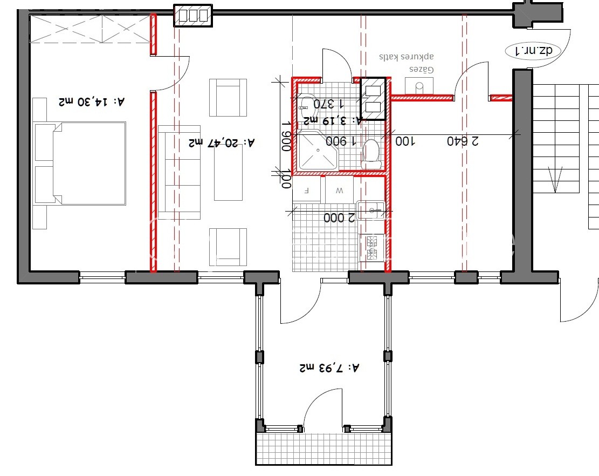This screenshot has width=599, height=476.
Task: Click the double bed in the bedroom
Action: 80,164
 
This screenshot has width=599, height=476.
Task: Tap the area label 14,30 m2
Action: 92,101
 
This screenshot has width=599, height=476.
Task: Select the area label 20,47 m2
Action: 222,142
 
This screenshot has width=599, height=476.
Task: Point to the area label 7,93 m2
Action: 329,368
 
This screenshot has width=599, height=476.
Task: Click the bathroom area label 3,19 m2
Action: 332,120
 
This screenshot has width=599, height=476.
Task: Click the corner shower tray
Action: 318,150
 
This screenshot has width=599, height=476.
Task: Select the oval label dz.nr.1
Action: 534,51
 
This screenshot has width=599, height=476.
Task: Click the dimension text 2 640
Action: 463,141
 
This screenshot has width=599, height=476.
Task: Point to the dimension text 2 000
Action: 339,217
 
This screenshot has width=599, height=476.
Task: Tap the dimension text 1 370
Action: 329,104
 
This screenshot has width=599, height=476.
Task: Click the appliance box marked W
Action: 339,190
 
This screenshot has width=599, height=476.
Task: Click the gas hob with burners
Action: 371,248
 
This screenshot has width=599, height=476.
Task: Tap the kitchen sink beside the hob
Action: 370,210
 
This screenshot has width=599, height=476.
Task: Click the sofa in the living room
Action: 179,173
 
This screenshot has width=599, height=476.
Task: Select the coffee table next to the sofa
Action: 229,173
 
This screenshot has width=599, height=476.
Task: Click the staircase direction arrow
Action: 556,179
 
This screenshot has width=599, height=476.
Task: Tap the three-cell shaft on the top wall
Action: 193,16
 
